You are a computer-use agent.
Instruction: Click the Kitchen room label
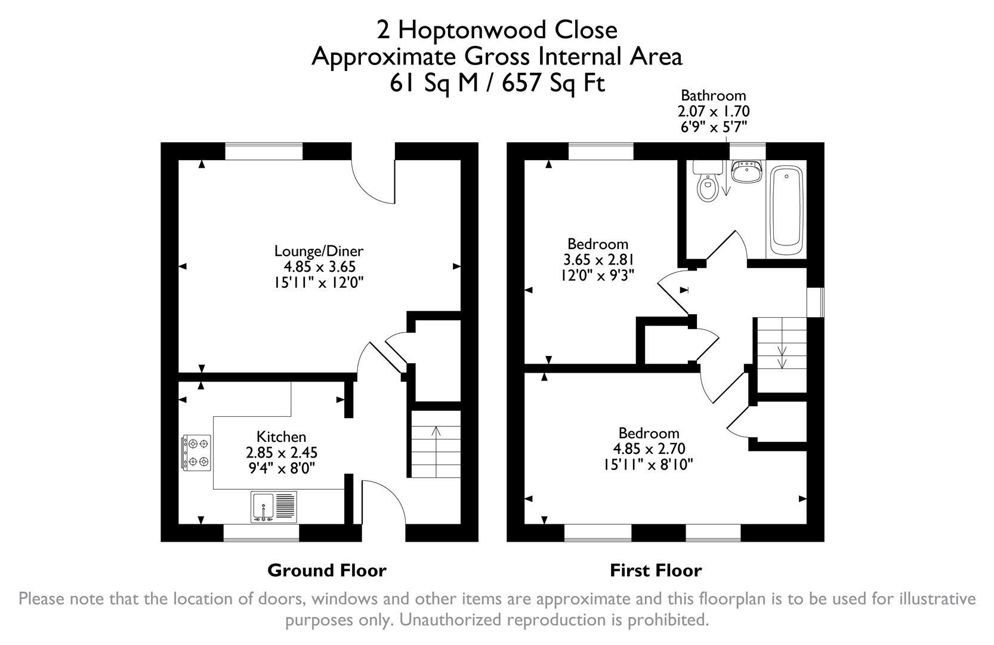281,437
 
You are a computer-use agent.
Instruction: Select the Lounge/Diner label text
319,251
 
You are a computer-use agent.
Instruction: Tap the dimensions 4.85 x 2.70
649,449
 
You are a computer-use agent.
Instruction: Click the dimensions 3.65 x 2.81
598,260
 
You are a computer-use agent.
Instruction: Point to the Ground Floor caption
326,570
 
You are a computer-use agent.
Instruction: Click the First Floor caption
655,570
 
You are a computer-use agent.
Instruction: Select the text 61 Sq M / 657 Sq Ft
497,83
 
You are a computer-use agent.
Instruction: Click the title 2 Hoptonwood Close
497,29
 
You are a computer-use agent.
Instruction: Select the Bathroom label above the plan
713,96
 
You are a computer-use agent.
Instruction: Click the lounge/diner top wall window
263,151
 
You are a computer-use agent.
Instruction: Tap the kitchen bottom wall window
261,533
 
